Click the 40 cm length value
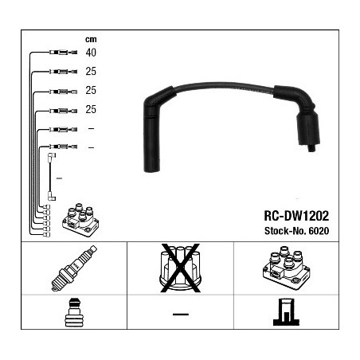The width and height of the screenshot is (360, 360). point(91,53)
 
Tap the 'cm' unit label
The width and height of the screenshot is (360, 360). point(91,39)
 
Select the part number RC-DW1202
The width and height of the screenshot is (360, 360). point(296,216)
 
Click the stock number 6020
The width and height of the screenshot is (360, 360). point(319,231)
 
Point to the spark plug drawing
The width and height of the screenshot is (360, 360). point(74,268)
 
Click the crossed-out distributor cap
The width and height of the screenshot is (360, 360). point(180,268)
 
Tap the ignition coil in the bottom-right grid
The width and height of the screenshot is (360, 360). point(286,268)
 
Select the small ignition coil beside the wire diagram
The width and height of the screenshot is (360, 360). point(80,221)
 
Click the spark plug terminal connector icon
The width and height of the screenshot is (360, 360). point(74,312)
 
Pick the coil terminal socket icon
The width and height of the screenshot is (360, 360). point(286,312)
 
